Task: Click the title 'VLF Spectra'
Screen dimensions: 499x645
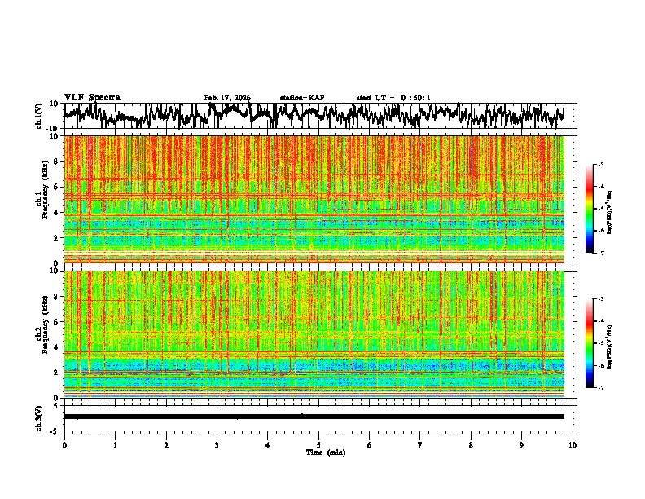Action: tap(92, 97)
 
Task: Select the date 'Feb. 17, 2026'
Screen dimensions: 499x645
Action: tap(227, 98)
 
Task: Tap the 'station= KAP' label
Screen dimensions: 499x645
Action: tap(302, 98)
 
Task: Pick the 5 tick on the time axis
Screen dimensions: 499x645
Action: tap(318, 444)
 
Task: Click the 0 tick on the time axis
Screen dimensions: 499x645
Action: tap(64, 444)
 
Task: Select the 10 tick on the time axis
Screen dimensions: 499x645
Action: tap(573, 444)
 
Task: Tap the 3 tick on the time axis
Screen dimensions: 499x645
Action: tap(217, 444)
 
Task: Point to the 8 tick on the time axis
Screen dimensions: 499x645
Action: tap(471, 444)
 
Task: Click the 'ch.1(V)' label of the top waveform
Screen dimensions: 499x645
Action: tap(39, 116)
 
